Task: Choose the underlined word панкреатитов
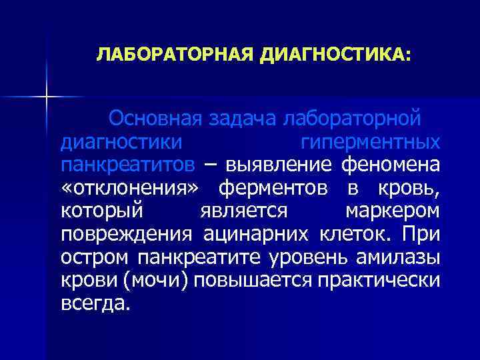pos(128,164)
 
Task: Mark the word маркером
pos(392,211)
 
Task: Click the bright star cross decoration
pos(46,97)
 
